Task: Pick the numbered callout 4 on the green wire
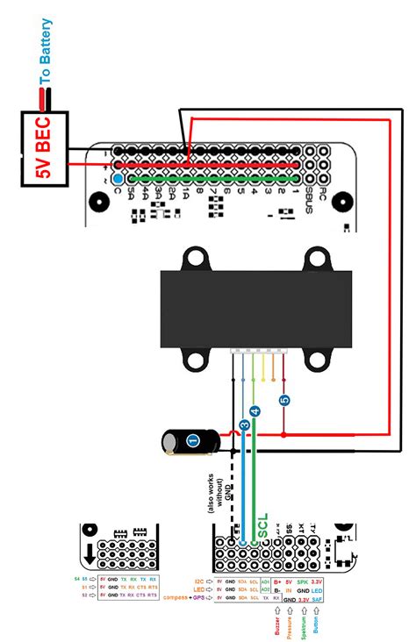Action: [255, 410]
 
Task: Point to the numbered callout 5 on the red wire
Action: [284, 400]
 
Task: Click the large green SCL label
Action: [262, 524]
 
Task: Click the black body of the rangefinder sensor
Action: [255, 309]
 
